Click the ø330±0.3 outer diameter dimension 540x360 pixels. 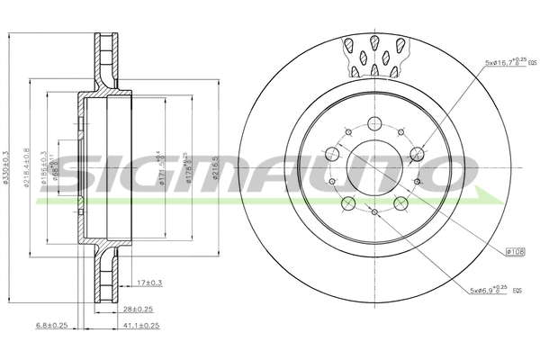click(8, 180)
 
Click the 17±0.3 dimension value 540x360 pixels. click(151, 283)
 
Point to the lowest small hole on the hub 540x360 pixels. click(374, 213)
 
